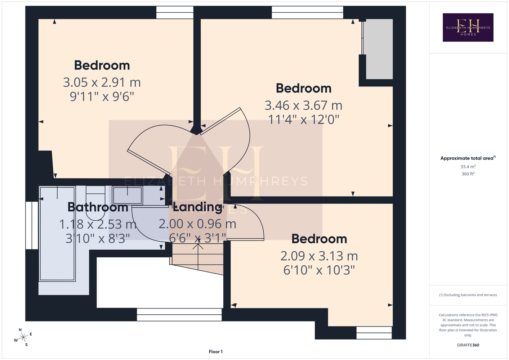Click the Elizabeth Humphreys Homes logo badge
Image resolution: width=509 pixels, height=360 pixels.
(468, 27)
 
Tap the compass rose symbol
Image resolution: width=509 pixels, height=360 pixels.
(23, 337)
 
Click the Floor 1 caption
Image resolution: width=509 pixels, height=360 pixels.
(216, 352)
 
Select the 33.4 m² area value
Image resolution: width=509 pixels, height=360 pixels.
(468, 166)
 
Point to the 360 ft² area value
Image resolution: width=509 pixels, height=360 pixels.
(468, 174)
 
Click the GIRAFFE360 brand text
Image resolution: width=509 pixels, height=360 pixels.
(468, 345)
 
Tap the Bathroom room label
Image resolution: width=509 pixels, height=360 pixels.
(98, 207)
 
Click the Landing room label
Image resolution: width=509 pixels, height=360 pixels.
(197, 207)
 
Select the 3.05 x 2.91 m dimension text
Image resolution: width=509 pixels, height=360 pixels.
(102, 82)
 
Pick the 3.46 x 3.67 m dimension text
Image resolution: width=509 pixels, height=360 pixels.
(303, 105)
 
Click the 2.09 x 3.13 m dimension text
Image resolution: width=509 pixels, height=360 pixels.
(319, 256)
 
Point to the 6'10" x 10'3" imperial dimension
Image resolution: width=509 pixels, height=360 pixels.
(319, 270)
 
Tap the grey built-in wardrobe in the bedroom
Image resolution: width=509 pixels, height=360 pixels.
(379, 49)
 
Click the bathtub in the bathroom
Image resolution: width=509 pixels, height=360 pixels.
(58, 234)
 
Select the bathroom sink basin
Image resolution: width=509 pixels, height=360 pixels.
(128, 195)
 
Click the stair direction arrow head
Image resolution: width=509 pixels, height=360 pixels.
(198, 246)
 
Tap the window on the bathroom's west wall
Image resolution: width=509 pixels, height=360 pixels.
(32, 225)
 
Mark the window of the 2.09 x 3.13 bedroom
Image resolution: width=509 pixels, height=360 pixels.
(374, 333)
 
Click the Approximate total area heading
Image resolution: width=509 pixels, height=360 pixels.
(468, 158)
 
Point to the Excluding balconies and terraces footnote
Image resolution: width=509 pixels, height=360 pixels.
(468, 295)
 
